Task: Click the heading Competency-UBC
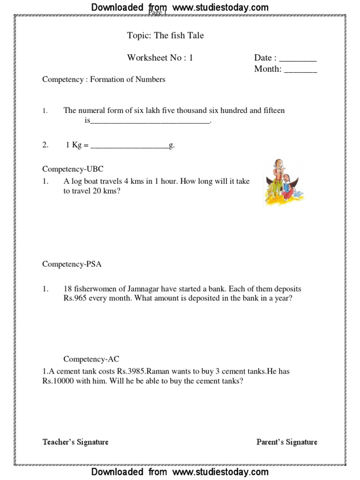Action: [x=73, y=169]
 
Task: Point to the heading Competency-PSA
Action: [x=72, y=264]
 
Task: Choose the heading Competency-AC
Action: [x=91, y=360]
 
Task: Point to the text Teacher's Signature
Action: [x=75, y=442]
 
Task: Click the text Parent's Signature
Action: [x=287, y=442]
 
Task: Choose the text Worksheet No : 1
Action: [x=160, y=58]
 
